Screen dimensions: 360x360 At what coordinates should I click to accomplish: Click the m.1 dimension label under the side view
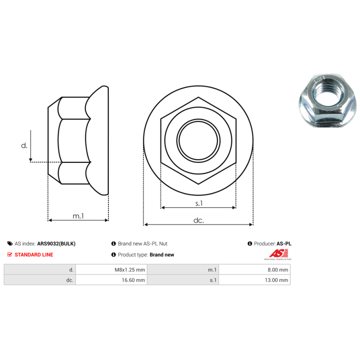tap(78, 216)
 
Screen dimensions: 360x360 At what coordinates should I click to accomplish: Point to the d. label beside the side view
tap(24, 145)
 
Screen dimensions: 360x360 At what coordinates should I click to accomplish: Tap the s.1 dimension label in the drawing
tap(199, 203)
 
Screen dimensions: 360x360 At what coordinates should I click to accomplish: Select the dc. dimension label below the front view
tap(198, 220)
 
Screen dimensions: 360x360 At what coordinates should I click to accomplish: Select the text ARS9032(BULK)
tap(56, 243)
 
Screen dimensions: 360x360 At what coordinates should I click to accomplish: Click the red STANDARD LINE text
tap(34, 255)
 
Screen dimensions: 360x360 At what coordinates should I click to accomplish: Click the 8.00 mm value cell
tap(278, 270)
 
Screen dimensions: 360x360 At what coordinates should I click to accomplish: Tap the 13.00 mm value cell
tap(277, 280)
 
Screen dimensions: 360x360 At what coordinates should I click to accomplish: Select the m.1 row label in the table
tap(212, 270)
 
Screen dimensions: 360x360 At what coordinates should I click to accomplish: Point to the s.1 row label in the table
tap(213, 280)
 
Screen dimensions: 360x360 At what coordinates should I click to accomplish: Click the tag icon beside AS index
tap(10, 243)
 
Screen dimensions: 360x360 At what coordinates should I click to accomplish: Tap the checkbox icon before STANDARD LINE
tap(10, 255)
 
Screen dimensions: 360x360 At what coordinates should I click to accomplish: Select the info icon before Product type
tap(113, 255)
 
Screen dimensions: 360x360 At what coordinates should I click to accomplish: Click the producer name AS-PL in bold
tap(284, 243)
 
